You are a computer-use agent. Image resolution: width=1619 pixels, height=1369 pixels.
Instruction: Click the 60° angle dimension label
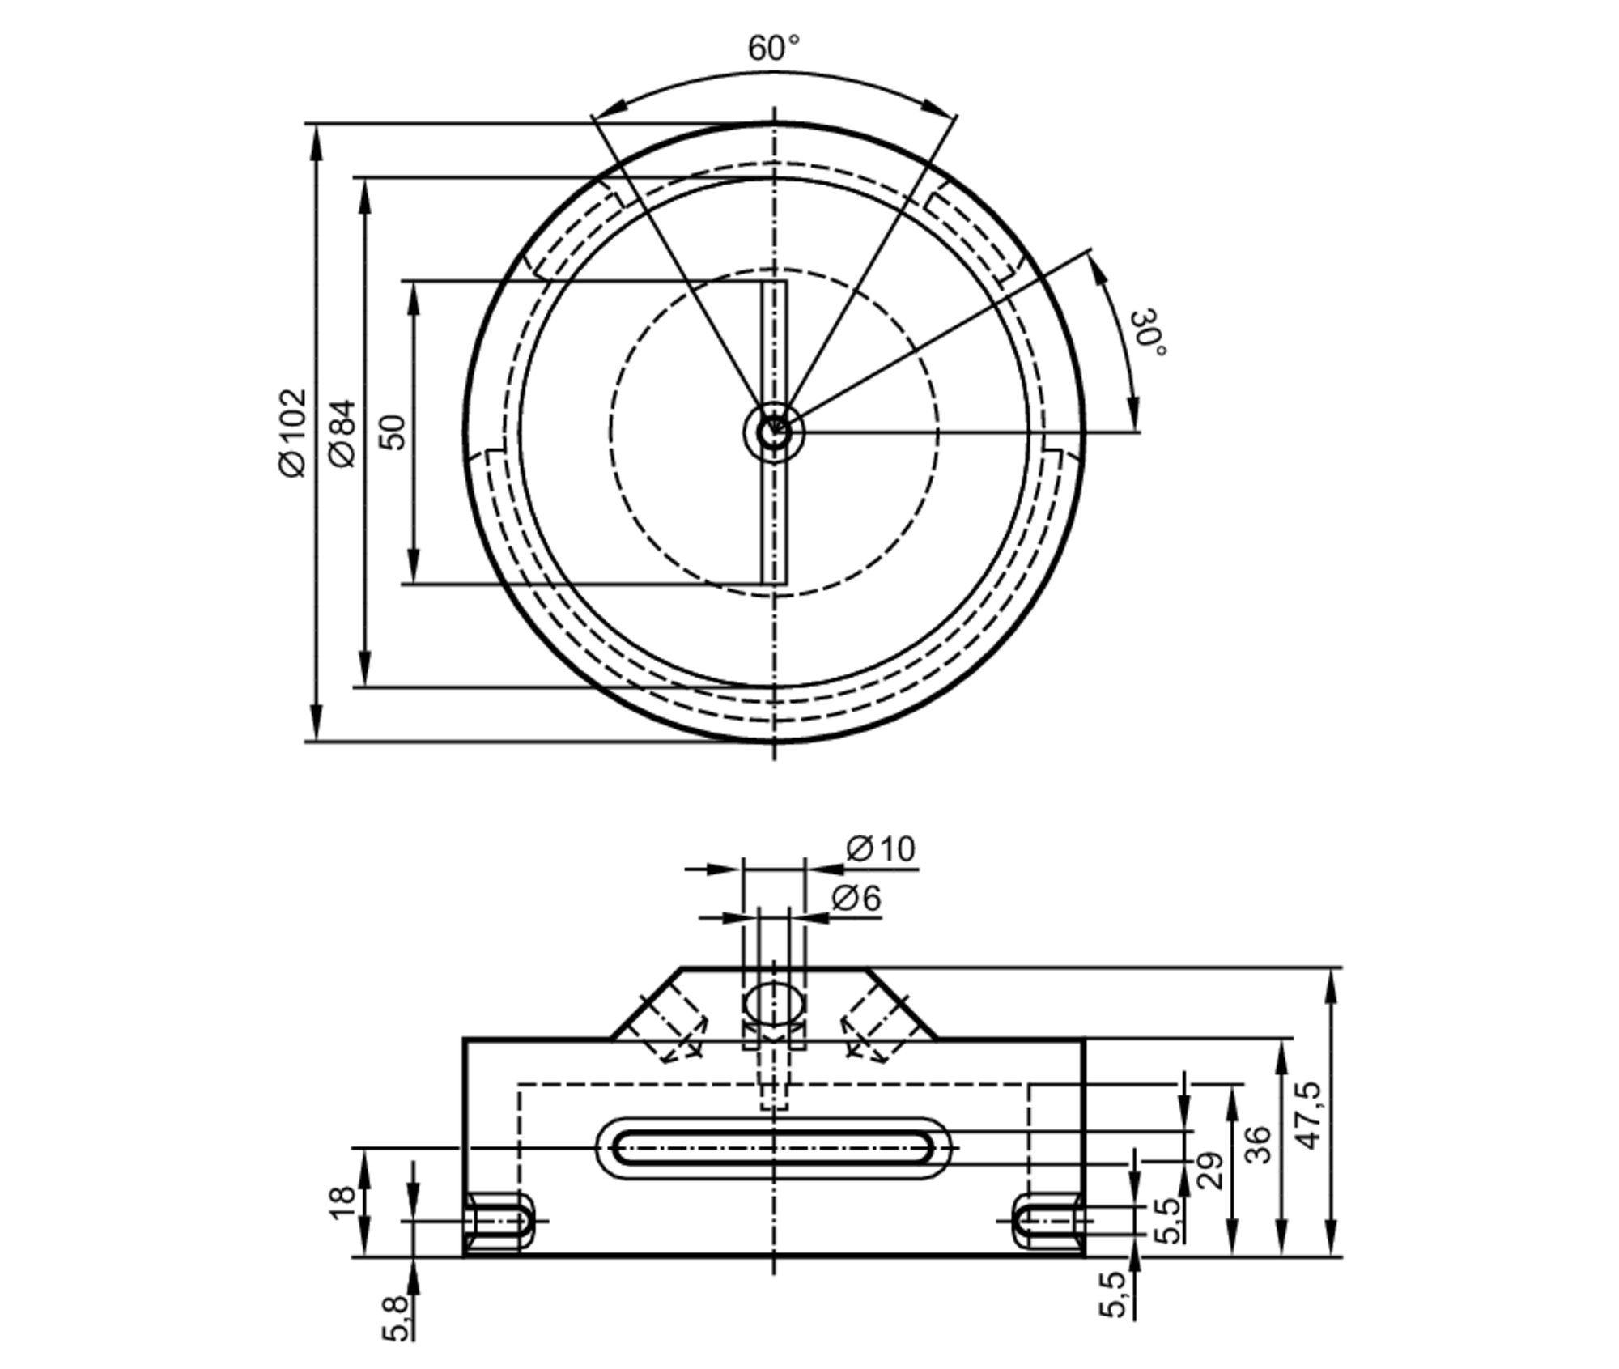click(773, 49)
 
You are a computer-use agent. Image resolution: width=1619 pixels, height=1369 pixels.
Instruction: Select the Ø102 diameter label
click(293, 433)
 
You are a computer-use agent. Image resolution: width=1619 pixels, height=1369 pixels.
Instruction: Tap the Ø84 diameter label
click(343, 433)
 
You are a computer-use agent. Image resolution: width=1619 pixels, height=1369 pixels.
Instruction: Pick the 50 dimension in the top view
click(393, 432)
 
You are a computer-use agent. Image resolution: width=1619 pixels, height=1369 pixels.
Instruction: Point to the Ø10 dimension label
click(881, 849)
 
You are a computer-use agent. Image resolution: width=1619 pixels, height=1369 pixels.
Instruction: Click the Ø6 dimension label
click(856, 898)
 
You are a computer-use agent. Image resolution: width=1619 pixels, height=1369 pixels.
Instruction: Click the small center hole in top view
click(773, 432)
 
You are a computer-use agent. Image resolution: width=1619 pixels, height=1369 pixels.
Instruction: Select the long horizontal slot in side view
click(773, 1148)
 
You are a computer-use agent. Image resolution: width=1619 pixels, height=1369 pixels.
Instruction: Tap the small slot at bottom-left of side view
click(499, 1221)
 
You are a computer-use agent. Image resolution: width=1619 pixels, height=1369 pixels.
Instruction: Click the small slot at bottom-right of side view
click(1046, 1221)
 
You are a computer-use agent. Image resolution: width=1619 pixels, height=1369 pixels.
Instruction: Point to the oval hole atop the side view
click(774, 1004)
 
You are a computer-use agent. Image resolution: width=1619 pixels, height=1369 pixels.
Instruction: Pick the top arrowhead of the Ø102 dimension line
click(316, 142)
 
